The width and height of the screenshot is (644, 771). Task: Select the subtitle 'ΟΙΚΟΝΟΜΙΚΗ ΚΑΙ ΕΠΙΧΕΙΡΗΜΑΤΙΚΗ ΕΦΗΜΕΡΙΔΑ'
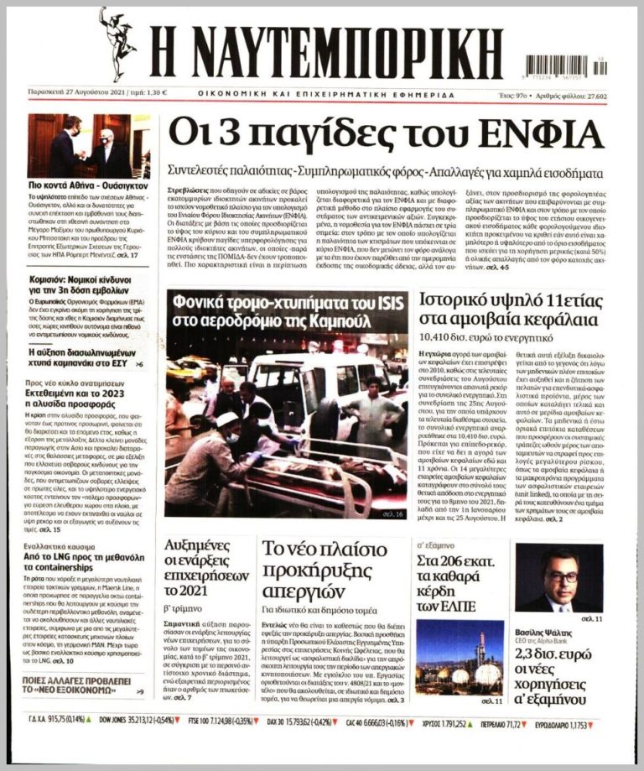(x=327, y=93)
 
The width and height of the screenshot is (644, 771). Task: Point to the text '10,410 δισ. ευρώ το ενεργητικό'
(x=488, y=339)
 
